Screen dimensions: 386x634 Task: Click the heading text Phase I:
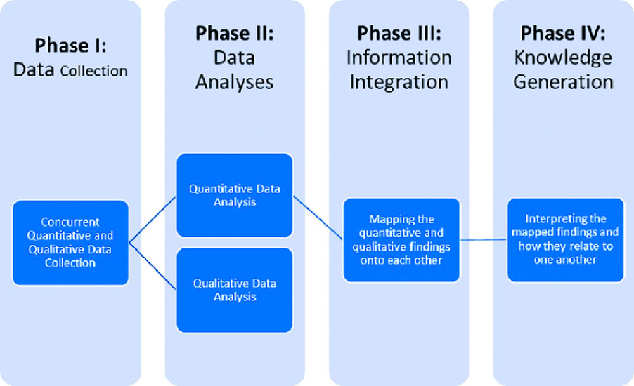pyautogui.click(x=70, y=46)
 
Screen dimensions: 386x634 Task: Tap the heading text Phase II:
pyautogui.click(x=234, y=33)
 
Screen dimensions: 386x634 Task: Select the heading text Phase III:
pyautogui.click(x=399, y=33)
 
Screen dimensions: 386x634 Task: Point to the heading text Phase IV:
pyautogui.click(x=562, y=33)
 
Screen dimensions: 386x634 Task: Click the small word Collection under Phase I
pyautogui.click(x=93, y=71)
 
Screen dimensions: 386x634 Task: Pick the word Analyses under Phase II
pyautogui.click(x=234, y=81)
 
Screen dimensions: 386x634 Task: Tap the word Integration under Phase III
pyautogui.click(x=399, y=81)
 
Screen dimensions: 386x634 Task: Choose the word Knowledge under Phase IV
pyautogui.click(x=562, y=58)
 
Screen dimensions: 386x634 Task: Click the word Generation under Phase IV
pyautogui.click(x=562, y=81)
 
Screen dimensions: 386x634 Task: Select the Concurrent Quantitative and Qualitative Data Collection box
pyautogui.click(x=70, y=243)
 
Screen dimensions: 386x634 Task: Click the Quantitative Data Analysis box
pyautogui.click(x=234, y=195)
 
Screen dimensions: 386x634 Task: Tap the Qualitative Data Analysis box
pyautogui.click(x=234, y=290)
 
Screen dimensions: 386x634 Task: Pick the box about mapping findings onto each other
pyautogui.click(x=401, y=240)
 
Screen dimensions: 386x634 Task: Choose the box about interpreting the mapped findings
pyautogui.click(x=565, y=239)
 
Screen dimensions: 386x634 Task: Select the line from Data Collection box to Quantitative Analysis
pyautogui.click(x=153, y=219)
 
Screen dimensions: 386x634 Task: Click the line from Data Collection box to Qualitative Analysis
pyautogui.click(x=153, y=265)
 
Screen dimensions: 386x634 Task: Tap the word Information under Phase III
pyautogui.click(x=399, y=58)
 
